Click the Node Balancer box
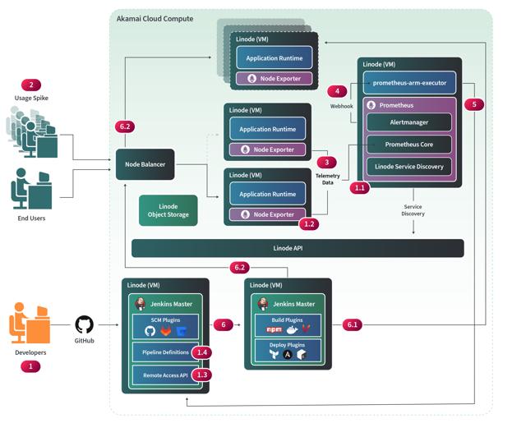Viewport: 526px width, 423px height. [x=145, y=164]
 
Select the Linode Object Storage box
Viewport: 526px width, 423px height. [x=168, y=210]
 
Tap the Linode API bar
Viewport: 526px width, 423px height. [x=298, y=247]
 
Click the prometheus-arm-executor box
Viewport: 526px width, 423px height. [x=408, y=84]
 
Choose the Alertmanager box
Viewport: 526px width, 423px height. [x=408, y=122]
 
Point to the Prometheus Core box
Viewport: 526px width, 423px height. [x=408, y=145]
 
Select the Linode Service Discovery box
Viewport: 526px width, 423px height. [x=408, y=167]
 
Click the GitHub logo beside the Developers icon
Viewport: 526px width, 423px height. [x=85, y=324]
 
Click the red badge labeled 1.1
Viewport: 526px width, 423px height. [x=360, y=187]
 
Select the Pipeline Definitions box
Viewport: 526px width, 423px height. [x=161, y=352]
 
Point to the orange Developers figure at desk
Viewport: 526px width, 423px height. [x=29, y=324]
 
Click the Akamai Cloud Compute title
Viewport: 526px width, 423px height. [x=155, y=18]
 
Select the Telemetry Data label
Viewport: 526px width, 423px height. [x=328, y=178]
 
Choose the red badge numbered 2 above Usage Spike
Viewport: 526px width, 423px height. [x=31, y=85]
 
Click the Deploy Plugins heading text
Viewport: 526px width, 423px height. [x=288, y=346]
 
